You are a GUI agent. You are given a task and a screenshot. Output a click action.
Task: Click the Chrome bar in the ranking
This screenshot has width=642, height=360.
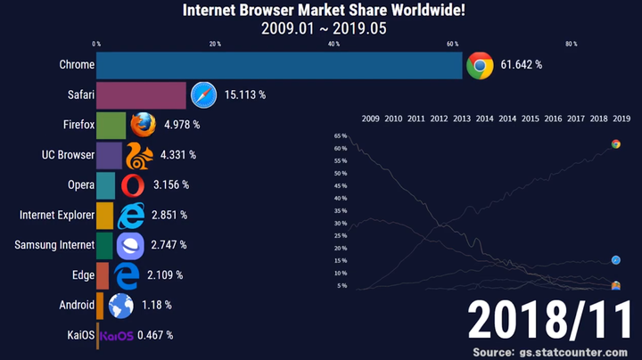coord(279,65)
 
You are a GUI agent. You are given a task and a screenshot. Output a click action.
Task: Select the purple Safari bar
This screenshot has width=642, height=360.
coord(141,95)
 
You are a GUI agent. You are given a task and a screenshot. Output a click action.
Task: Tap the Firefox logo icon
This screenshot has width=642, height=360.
coord(143,125)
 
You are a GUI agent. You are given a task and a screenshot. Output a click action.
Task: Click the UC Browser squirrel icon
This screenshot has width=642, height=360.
coord(139,155)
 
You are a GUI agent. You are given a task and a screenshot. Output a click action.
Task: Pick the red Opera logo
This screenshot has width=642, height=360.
coord(132,185)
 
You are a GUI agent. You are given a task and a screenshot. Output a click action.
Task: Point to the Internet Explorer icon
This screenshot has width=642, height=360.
coord(130,215)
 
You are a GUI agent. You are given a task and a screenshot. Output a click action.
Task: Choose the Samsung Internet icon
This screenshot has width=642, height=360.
coord(129,245)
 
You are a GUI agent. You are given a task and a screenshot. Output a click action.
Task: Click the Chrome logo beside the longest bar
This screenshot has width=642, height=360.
coord(480,65)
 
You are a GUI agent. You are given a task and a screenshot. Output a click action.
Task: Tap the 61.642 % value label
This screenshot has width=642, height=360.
coord(522,65)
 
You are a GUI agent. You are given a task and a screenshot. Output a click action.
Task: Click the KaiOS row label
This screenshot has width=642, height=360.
coord(78,335)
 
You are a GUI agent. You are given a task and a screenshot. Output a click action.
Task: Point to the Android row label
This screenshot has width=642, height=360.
coord(77,305)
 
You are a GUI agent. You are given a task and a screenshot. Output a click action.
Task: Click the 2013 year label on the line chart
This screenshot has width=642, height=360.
coord(462,119)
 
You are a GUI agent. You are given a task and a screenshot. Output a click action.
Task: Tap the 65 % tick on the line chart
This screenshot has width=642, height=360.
coord(341,136)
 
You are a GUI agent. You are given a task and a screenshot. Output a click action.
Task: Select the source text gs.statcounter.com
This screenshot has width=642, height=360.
coord(574,351)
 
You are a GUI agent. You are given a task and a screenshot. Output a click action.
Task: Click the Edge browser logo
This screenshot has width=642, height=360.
coord(127,275)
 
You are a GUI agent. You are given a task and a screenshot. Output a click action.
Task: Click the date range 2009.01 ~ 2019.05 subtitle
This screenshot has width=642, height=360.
coord(323,28)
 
